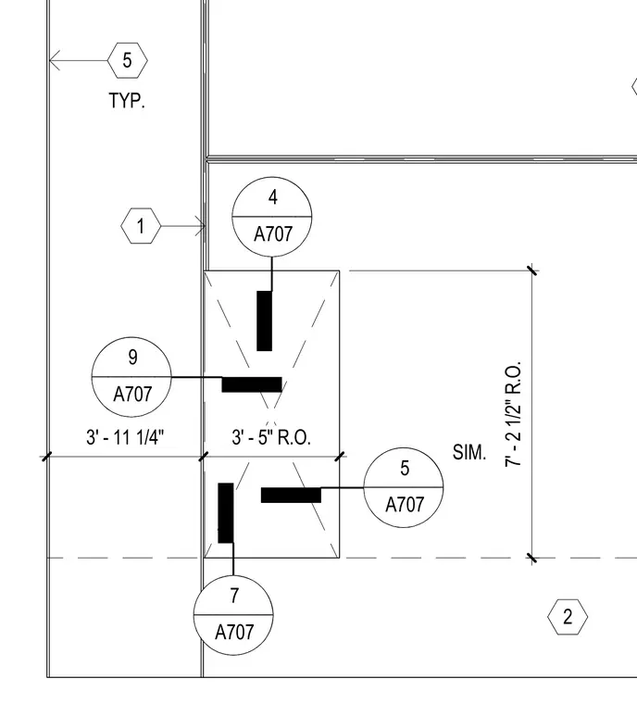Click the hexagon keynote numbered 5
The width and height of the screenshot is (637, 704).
click(x=128, y=60)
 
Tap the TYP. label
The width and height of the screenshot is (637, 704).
click(x=127, y=101)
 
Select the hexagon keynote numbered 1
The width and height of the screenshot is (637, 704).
click(x=141, y=226)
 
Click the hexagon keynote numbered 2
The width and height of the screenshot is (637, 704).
click(x=568, y=617)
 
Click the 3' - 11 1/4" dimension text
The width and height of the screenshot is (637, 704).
click(x=125, y=437)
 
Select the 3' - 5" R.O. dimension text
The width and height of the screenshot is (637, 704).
click(x=271, y=437)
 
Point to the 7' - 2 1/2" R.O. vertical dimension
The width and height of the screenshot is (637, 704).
click(x=513, y=413)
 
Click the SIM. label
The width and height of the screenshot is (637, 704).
click(x=469, y=452)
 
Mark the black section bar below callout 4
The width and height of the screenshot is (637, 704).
click(x=265, y=321)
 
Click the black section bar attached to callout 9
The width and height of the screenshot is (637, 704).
click(x=252, y=384)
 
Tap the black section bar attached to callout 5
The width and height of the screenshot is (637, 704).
click(x=291, y=496)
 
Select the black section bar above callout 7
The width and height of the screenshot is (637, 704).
click(x=226, y=513)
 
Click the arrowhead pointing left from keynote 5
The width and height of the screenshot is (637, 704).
click(x=53, y=60)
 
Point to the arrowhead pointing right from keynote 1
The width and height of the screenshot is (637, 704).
click(x=201, y=226)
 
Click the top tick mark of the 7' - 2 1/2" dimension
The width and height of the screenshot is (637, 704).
click(x=532, y=270)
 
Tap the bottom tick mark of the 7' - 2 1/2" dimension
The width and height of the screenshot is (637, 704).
click(x=532, y=558)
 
